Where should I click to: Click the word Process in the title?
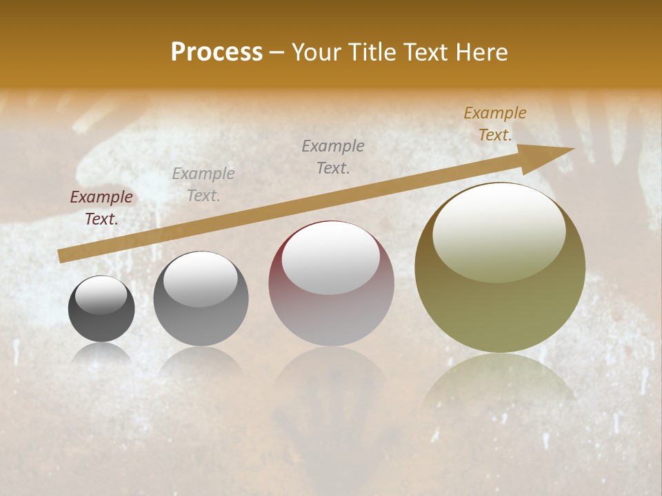[x=217, y=52]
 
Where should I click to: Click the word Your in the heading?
[x=317, y=52]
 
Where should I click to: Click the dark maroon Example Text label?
[x=101, y=207]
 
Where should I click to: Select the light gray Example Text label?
[x=203, y=185]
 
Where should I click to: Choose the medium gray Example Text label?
[x=333, y=156]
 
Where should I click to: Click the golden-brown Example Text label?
[x=495, y=124]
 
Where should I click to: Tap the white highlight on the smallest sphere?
[x=101, y=295]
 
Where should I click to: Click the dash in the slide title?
[x=277, y=52]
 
